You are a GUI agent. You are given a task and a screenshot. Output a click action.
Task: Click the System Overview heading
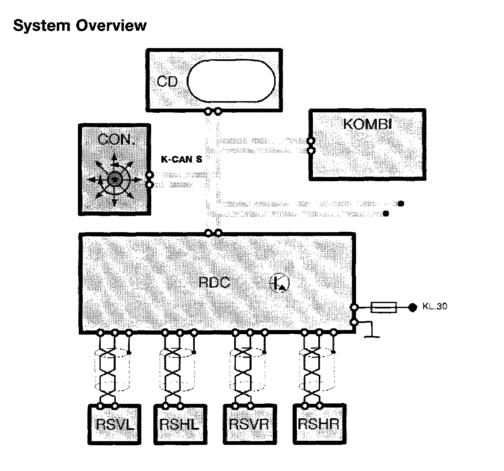pyautogui.click(x=80, y=26)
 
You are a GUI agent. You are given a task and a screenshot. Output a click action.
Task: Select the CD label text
pyautogui.click(x=167, y=81)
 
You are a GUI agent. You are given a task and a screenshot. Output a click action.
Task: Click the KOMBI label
pyautogui.click(x=367, y=124)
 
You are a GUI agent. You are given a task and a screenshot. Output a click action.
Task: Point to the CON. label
pyautogui.click(x=116, y=140)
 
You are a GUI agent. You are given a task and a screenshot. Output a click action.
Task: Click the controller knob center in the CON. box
pyautogui.click(x=115, y=180)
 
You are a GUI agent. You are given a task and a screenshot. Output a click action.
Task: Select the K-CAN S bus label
pyautogui.click(x=182, y=159)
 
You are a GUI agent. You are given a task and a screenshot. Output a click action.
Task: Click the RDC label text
pyautogui.click(x=214, y=282)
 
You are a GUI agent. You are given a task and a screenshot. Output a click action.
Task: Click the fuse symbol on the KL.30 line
pyautogui.click(x=383, y=307)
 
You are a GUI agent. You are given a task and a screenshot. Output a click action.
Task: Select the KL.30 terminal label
pyautogui.click(x=435, y=307)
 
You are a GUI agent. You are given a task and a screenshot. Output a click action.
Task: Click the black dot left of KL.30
pyautogui.click(x=412, y=307)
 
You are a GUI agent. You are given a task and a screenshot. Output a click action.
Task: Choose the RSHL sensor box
pyautogui.click(x=179, y=424)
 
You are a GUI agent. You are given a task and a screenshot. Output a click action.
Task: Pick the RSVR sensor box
pyautogui.click(x=249, y=424)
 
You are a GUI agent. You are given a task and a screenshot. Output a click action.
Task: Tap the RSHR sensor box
pyautogui.click(x=318, y=424)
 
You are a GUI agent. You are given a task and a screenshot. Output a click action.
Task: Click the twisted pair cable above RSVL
pyautogui.click(x=108, y=371)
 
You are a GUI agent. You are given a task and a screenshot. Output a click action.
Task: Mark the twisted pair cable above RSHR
pyautogui.click(x=312, y=371)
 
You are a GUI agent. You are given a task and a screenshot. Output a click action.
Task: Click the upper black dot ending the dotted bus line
pyautogui.click(x=400, y=204)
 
